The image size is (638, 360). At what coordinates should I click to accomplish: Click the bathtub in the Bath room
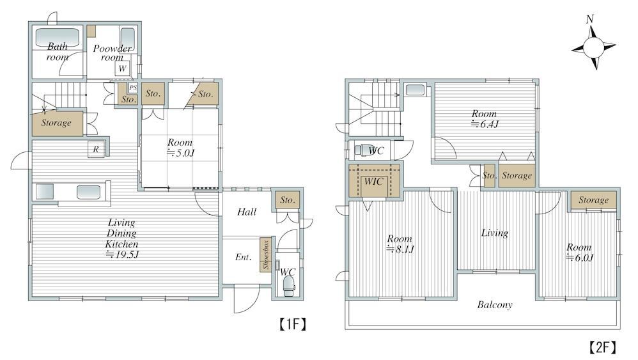pos(58,37)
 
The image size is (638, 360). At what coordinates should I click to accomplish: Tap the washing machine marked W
pos(123,68)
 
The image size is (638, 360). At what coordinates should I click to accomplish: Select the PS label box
pos(133,88)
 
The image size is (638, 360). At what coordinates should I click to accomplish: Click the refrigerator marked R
pos(97,149)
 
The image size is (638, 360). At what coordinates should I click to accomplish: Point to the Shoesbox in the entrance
pos(266,254)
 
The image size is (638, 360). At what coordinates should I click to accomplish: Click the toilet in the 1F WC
pos(288,285)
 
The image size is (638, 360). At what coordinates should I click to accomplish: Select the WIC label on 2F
pos(373,181)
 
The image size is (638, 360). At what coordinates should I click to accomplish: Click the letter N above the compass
pos(590,20)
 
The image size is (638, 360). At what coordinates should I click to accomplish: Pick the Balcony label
pos(495,304)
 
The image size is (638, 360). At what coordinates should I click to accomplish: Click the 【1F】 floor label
pos(293,324)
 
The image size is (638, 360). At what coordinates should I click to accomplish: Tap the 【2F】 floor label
pos(603,347)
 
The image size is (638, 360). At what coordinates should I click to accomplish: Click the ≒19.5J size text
pos(122,254)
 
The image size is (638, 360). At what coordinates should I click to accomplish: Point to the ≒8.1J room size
pos(400,249)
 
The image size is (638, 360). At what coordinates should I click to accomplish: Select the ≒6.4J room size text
pos(485,124)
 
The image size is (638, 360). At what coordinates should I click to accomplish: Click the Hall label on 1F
pos(247,212)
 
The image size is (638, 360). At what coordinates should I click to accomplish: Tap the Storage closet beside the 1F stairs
pos(58,123)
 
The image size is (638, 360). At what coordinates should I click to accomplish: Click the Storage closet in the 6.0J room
pos(594,200)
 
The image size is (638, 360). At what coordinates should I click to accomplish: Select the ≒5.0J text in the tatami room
pos(181,153)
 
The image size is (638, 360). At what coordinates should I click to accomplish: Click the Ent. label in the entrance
pos(244,257)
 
